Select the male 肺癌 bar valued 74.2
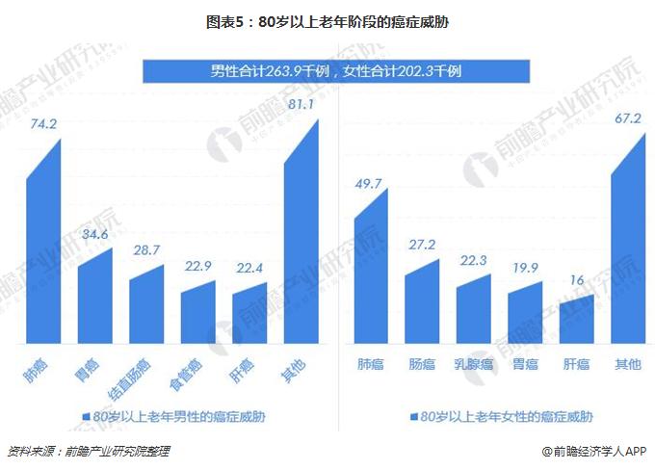click(x=43, y=250)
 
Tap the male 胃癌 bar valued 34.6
click(x=95, y=299)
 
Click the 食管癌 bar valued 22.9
click(x=198, y=314)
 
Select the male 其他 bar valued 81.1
click(x=301, y=241)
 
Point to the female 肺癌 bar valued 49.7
click(x=371, y=274)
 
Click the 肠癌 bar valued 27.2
click(x=423, y=303)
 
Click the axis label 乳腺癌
click(x=474, y=364)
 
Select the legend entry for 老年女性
click(x=502, y=417)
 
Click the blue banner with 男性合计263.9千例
click(x=336, y=71)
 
